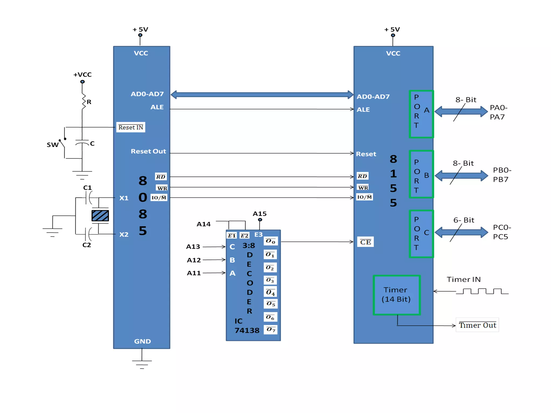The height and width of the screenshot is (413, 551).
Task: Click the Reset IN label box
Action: [x=130, y=127]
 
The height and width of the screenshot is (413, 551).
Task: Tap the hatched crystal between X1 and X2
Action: [x=100, y=216]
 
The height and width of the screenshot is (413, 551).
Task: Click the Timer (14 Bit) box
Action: [x=396, y=295]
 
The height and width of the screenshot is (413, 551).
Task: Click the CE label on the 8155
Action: [x=365, y=242]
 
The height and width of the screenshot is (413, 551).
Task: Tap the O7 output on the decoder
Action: [x=271, y=329]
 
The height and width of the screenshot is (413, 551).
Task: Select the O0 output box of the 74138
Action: [x=270, y=241]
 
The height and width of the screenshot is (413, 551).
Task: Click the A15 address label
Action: [x=259, y=214]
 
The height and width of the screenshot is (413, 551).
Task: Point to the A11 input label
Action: [x=194, y=273]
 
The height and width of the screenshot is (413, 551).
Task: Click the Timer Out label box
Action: [x=477, y=325]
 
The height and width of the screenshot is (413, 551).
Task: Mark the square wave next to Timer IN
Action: [x=482, y=291]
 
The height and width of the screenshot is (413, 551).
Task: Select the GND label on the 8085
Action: [x=142, y=341]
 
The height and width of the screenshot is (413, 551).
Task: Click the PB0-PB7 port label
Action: [x=502, y=175]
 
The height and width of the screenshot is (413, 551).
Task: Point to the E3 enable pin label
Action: [x=258, y=235]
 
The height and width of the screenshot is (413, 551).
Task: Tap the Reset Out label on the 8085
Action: [x=148, y=151]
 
